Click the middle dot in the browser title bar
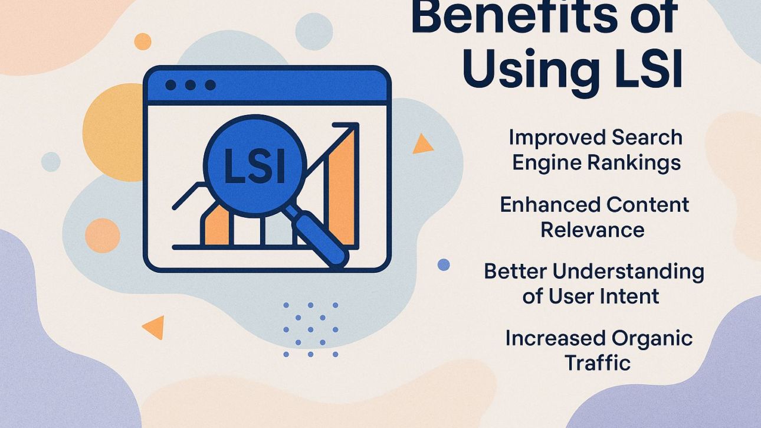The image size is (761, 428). tap(190, 85)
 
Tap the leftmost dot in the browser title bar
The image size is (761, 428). tap(170, 85)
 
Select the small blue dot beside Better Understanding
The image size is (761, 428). tap(444, 265)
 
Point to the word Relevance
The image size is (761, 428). tap(592, 230)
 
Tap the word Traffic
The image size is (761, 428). tap(597, 362)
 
